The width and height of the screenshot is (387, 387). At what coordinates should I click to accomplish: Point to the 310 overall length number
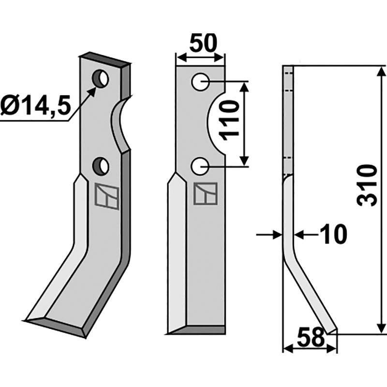pos(369,185)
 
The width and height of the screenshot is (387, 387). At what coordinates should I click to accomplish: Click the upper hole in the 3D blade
pos(101,78)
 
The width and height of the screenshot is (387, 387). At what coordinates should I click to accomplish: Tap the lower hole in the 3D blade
pos(101,166)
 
